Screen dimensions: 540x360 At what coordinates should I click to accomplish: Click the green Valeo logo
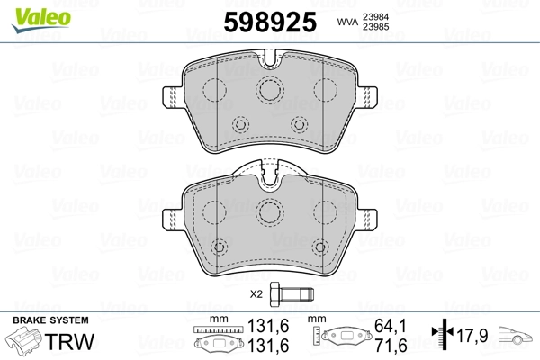pos(41,19)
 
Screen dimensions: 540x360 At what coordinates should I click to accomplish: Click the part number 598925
pos(270,22)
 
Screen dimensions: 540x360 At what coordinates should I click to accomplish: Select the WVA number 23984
pos(375,16)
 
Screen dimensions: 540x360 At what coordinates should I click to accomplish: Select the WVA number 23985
pos(375,27)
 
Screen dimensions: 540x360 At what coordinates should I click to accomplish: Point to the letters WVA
pos(347,22)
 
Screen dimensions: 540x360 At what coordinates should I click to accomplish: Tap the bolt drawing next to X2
pos(292,294)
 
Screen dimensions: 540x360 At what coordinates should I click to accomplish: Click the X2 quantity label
pos(256,294)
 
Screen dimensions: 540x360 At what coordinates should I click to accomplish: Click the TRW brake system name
pos(69,341)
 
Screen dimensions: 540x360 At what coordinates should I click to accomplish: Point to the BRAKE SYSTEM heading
pos(50,320)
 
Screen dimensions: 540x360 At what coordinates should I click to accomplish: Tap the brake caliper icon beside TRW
pos(23,340)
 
